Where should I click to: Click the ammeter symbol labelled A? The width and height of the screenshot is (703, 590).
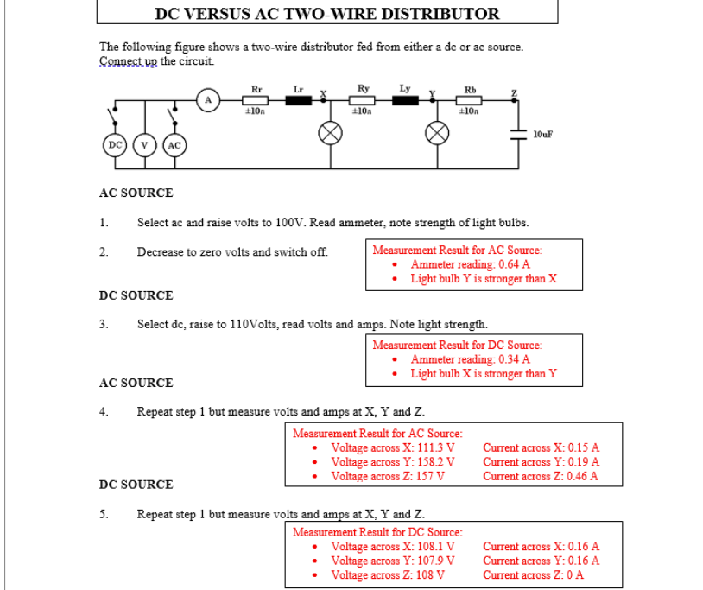pos(207,100)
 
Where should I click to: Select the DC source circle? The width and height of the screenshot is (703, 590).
pos(114,144)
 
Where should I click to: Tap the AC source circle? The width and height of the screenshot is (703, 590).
pos(174,144)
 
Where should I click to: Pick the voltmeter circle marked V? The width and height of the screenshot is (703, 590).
pos(144,144)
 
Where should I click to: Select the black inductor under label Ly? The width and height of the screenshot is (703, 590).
pos(406,100)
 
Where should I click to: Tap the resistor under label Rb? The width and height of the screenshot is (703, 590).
pos(470,100)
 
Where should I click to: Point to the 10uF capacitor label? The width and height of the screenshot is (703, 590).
pos(542,135)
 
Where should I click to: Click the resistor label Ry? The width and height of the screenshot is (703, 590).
pos(363,88)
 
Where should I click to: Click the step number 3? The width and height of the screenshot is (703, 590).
pos(103,325)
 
